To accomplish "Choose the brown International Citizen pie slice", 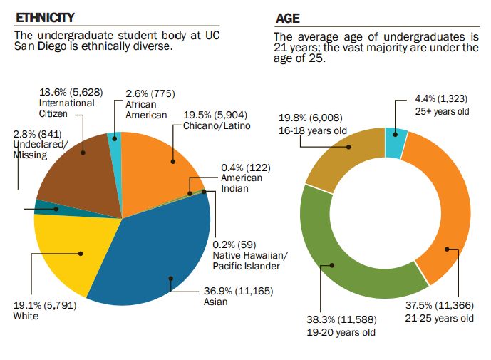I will click(x=78, y=171).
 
